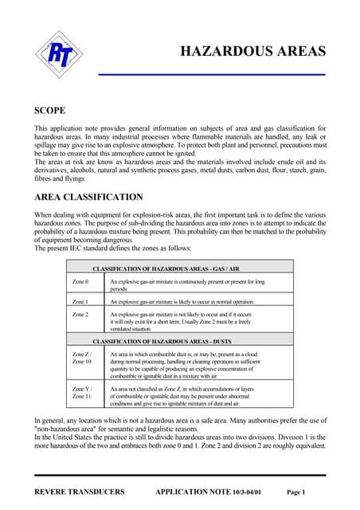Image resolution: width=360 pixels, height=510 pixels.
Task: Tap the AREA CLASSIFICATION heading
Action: coord(88,196)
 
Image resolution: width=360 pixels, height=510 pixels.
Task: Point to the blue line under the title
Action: coord(211,74)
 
